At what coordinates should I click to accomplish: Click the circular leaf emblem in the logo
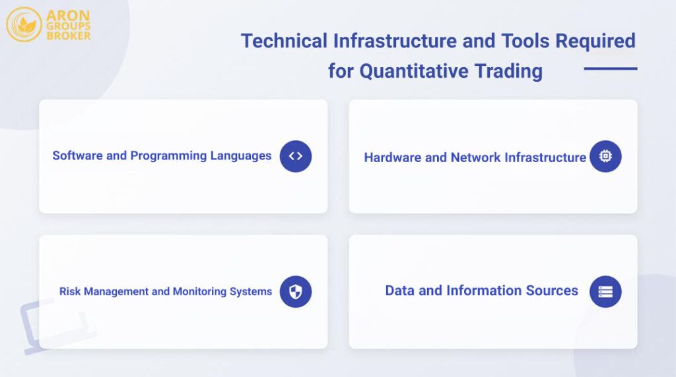(24, 24)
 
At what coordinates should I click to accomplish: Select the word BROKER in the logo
(69, 36)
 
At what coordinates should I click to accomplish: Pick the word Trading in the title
(516, 71)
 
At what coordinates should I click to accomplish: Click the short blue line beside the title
(610, 69)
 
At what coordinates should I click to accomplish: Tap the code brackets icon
(295, 156)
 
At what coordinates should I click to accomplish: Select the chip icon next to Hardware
(605, 156)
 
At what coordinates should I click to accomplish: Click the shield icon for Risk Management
(295, 291)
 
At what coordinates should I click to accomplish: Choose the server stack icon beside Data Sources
(605, 291)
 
